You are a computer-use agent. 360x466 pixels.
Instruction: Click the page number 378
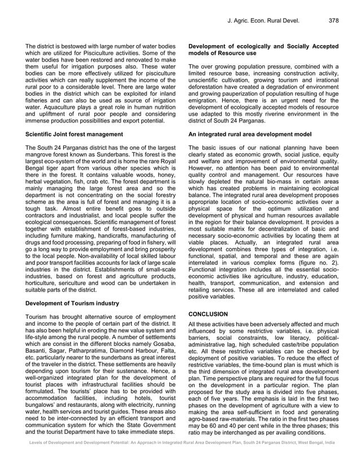click(x=333, y=21)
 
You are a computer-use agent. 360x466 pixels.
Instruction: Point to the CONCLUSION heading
click(x=208, y=314)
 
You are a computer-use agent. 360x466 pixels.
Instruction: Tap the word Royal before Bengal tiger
click(x=169, y=162)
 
